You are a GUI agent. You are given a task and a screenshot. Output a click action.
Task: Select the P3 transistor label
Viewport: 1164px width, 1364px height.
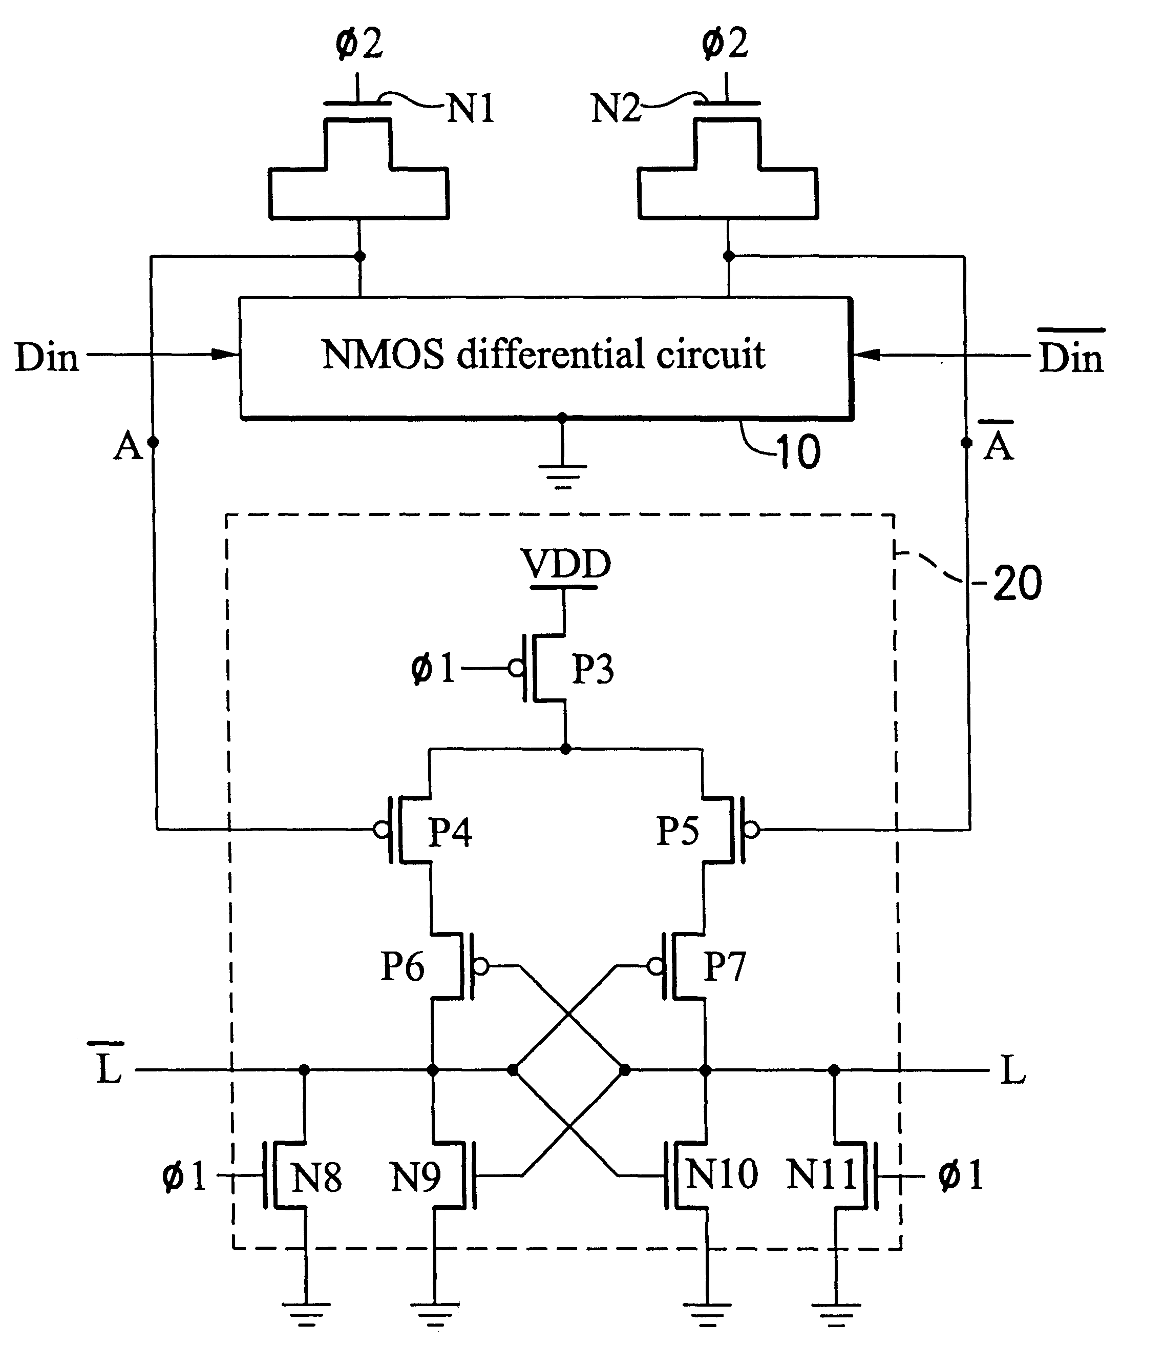592,669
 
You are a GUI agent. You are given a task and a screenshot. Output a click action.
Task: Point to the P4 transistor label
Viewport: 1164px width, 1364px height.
450,832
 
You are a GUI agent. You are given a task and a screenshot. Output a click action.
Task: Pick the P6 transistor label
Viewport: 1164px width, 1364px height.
403,966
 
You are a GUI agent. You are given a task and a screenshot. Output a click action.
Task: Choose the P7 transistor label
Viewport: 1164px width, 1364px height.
725,966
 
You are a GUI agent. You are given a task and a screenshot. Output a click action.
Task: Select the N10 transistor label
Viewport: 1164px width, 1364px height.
722,1174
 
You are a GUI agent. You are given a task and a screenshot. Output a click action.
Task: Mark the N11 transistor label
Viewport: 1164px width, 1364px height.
822,1174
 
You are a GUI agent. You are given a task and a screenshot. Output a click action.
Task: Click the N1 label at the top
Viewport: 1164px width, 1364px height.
471,109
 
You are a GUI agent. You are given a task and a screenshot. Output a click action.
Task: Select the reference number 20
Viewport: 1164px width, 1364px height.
1017,583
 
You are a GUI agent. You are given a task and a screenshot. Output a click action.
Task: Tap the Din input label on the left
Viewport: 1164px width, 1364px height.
47,358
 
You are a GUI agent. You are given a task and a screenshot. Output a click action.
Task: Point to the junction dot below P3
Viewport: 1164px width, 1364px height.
565,749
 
